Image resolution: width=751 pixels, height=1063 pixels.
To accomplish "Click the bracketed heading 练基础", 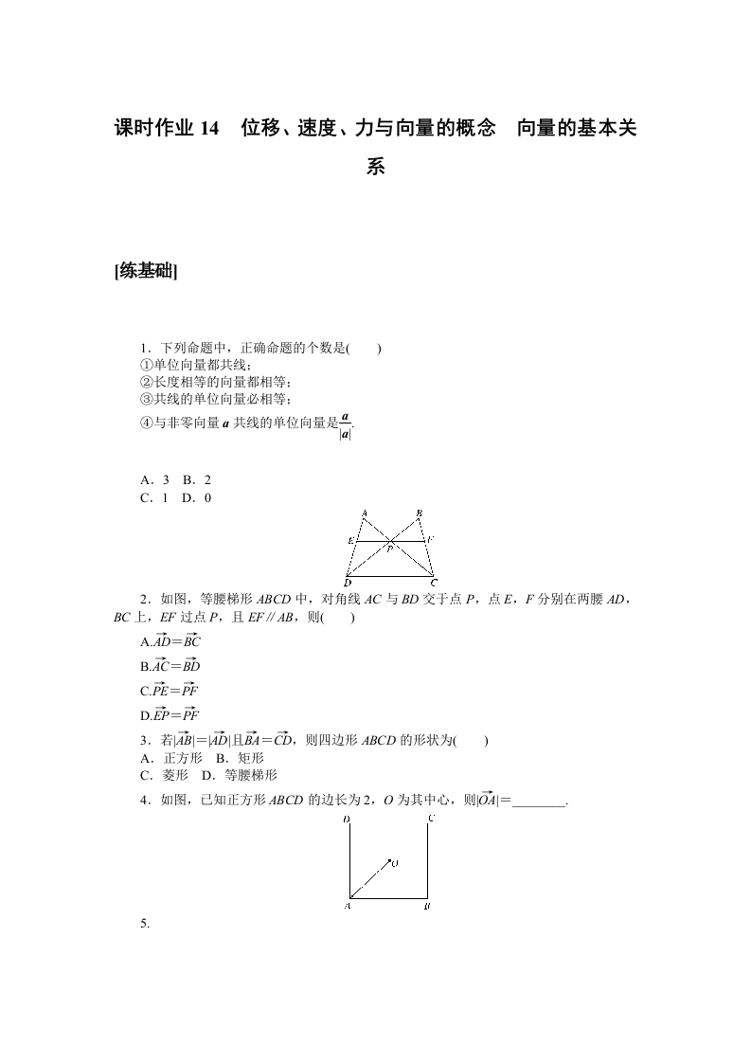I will [x=146, y=272].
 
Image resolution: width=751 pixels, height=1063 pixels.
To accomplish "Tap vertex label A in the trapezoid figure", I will [x=365, y=513].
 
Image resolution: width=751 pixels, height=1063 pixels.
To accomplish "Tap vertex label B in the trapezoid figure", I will [x=419, y=513].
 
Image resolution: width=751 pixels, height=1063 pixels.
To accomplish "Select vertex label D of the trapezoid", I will [x=347, y=582].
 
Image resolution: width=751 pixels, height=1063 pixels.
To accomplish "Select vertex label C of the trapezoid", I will [x=434, y=582].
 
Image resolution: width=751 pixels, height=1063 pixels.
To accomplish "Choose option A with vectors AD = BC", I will [x=170, y=641].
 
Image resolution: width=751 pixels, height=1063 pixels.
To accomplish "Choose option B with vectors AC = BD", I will [x=170, y=666].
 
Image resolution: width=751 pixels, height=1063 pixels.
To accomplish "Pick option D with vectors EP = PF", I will [x=170, y=715].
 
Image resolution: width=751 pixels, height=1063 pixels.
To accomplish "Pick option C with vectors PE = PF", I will [x=170, y=691].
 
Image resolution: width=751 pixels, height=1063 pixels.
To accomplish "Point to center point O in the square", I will [x=393, y=862].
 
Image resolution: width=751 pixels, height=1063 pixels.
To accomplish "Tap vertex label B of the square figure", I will [x=428, y=907].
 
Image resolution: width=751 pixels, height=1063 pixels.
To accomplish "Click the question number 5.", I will [x=145, y=923].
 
